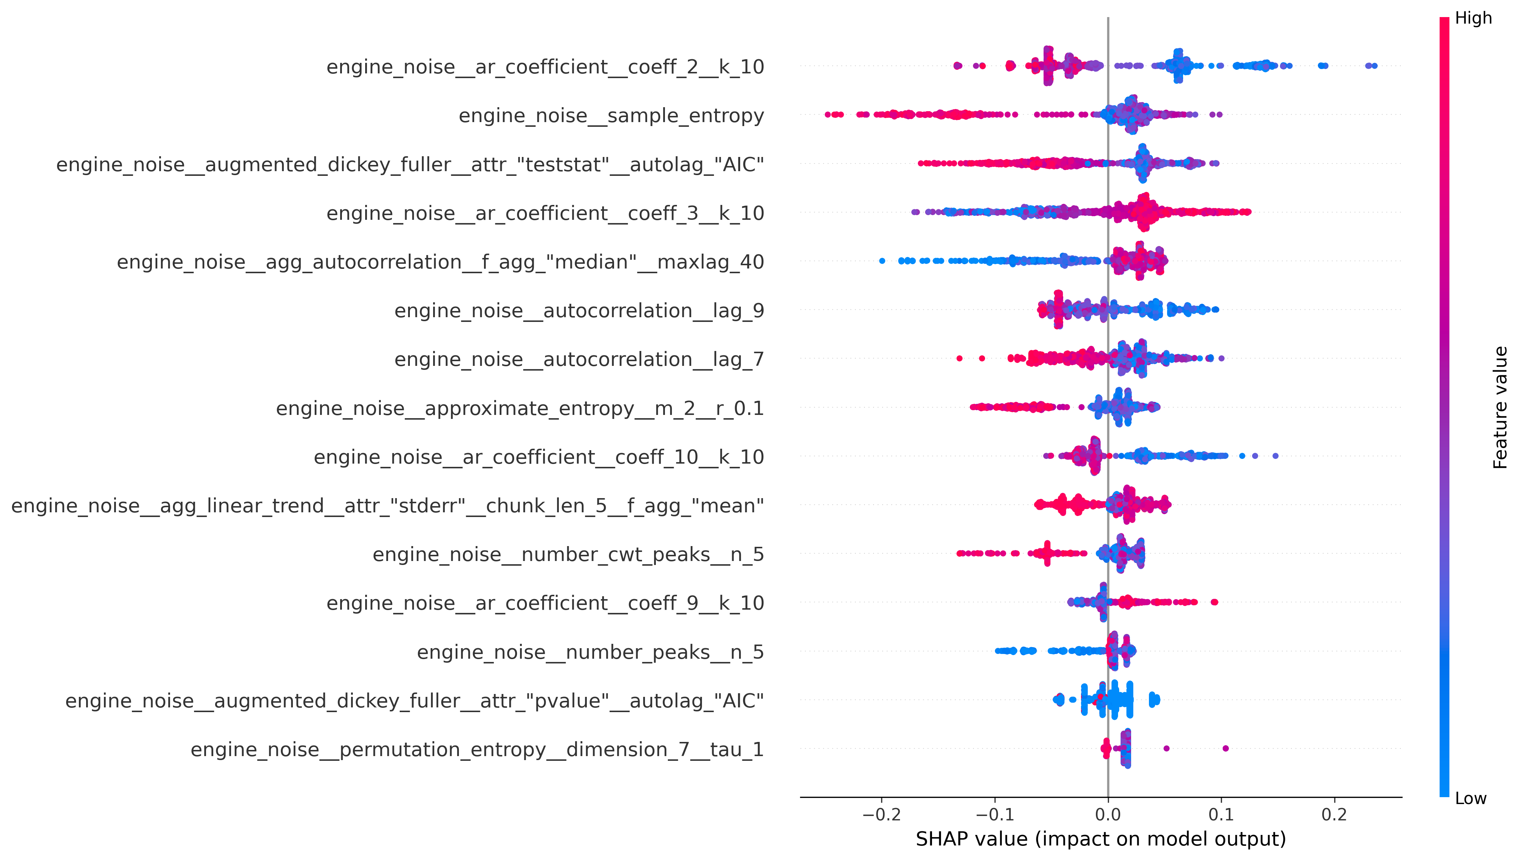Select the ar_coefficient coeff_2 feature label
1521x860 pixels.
coord(545,67)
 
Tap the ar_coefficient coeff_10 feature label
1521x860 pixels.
coord(539,457)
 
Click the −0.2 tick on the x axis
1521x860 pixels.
coord(881,815)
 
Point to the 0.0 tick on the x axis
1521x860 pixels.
coord(1108,815)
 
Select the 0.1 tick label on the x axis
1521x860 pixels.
coord(1221,815)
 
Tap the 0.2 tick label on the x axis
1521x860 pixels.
coord(1334,815)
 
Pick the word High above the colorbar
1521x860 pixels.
coord(1473,18)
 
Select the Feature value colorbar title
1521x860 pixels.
coord(1500,408)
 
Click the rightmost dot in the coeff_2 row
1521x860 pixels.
coord(1375,65)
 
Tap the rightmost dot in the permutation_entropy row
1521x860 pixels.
coord(1225,748)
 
